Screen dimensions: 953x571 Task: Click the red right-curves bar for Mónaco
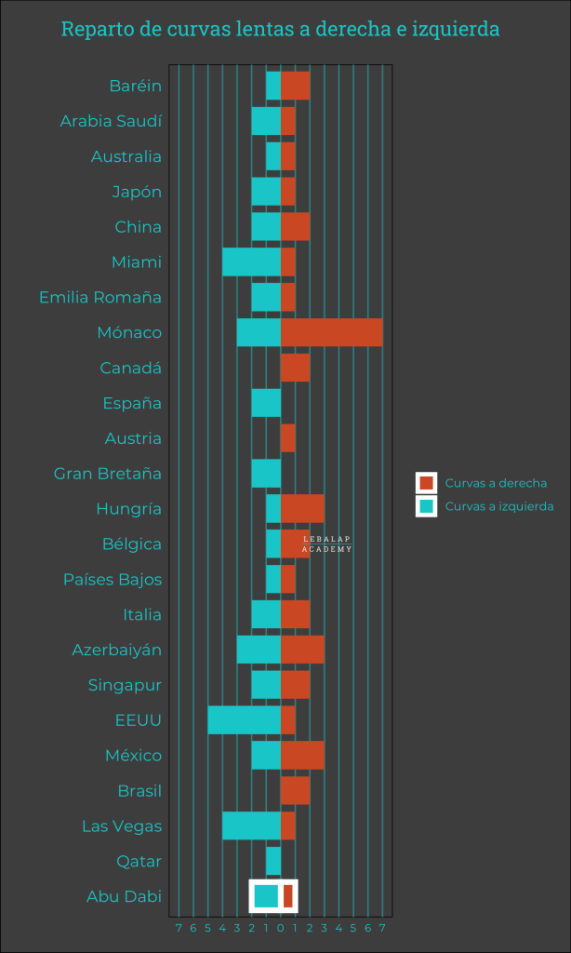pos(331,332)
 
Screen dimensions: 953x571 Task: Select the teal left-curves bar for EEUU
pos(244,720)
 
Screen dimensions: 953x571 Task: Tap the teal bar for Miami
pos(251,262)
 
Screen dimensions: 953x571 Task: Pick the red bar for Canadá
pos(295,368)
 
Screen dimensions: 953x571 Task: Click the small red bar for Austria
pos(287,438)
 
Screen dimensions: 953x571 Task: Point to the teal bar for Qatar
pos(273,861)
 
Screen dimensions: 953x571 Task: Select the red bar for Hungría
pos(302,509)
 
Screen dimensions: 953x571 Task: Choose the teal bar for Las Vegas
pos(251,825)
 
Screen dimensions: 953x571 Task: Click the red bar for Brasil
pos(295,791)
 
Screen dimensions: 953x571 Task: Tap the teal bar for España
pos(266,403)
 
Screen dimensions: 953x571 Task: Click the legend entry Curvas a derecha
pos(495,483)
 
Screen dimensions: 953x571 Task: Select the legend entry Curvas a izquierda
pos(498,506)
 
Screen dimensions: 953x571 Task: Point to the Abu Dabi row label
pos(124,897)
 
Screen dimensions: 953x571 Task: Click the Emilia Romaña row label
pos(100,298)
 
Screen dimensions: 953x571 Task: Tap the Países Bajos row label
pos(113,580)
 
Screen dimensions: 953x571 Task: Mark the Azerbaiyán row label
pos(116,650)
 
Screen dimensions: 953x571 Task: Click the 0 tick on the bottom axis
pos(280,928)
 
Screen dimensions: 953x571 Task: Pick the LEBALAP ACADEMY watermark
pos(327,544)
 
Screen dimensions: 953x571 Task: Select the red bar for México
pos(302,756)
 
